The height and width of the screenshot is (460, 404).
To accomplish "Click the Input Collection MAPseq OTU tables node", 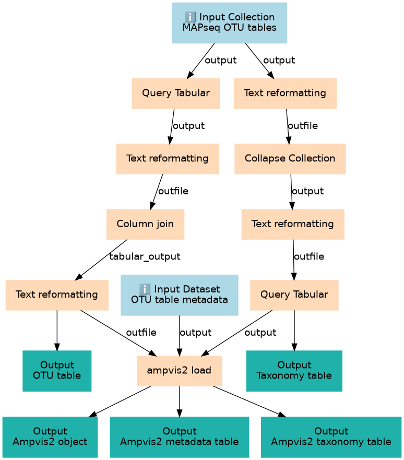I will click(x=229, y=22).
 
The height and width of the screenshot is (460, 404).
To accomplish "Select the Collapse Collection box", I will click(x=290, y=159).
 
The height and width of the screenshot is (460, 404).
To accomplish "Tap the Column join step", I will click(x=145, y=224).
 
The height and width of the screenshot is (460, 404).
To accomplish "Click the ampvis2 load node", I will click(x=179, y=371).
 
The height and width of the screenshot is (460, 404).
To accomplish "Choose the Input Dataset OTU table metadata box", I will click(x=179, y=295).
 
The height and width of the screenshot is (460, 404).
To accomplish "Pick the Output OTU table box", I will click(x=57, y=370).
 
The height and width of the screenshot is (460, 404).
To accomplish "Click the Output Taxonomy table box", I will click(x=294, y=370).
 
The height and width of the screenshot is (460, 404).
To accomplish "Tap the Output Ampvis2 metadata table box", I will click(x=179, y=437).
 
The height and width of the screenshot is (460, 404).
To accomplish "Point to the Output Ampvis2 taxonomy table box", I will click(x=331, y=437).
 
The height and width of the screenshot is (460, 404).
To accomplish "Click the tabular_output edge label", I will click(x=145, y=256).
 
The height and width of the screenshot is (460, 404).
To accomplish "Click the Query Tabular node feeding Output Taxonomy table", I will click(x=294, y=294).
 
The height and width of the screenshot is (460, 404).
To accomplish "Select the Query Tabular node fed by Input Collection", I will click(x=175, y=93).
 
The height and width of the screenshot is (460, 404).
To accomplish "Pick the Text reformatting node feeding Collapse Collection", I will click(x=285, y=93).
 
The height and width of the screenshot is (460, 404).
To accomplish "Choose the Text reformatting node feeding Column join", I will click(x=167, y=159).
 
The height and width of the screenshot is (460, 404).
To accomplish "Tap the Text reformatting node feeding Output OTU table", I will click(x=57, y=294).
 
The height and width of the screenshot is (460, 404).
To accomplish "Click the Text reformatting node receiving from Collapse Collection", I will click(x=292, y=224).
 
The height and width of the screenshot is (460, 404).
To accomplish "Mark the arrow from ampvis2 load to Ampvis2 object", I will click(x=120, y=401).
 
